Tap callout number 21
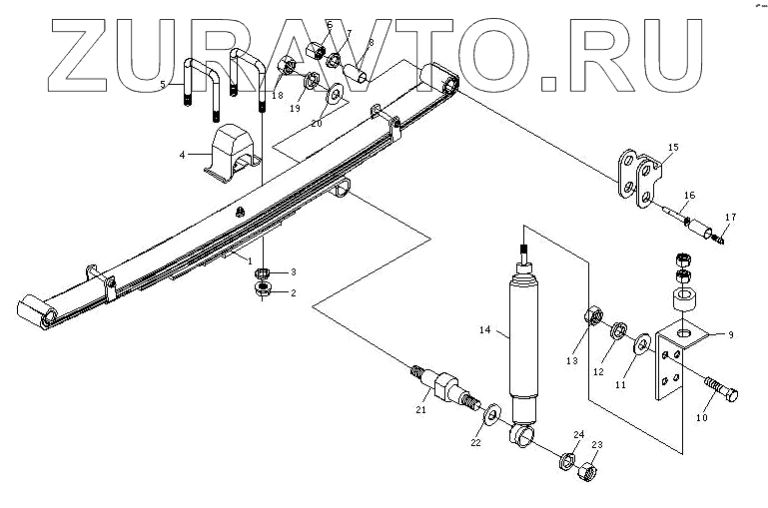[x=421, y=409]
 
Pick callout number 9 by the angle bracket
[x=730, y=336]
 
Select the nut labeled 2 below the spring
[x=266, y=290]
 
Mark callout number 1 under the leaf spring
[x=251, y=260]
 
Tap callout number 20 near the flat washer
[x=316, y=123]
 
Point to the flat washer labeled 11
[x=639, y=345]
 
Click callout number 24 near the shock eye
[x=578, y=434]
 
